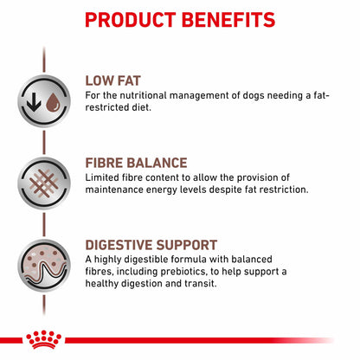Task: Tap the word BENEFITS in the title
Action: pos(230,19)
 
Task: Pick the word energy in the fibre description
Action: pos(174,190)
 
